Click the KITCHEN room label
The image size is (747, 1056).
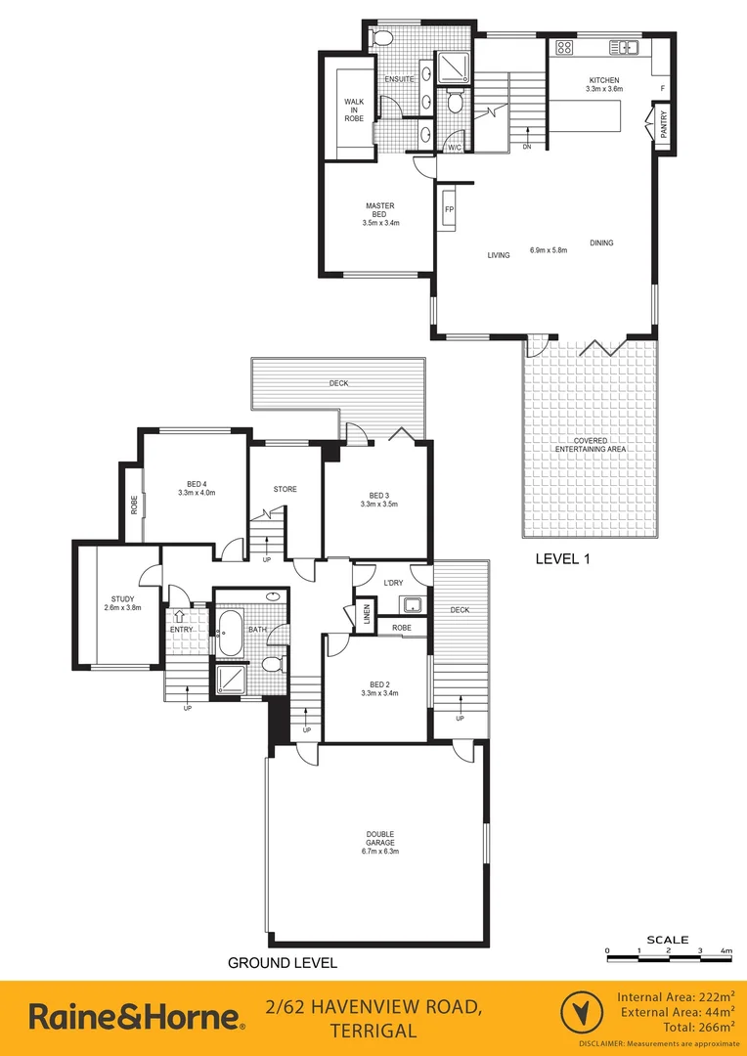[604, 79]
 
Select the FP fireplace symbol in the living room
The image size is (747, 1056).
[450, 210]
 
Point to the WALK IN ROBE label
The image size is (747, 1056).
[353, 110]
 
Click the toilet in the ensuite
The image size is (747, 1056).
[382, 39]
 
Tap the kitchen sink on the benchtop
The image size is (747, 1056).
[623, 46]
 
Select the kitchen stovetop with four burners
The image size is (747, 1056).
[564, 46]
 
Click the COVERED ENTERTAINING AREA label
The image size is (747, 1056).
[589, 446]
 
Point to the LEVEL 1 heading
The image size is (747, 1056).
[566, 560]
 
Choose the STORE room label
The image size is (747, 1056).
[285, 489]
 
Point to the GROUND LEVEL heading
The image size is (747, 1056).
[283, 963]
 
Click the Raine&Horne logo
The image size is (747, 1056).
[136, 1017]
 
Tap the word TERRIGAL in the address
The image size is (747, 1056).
[375, 1031]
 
